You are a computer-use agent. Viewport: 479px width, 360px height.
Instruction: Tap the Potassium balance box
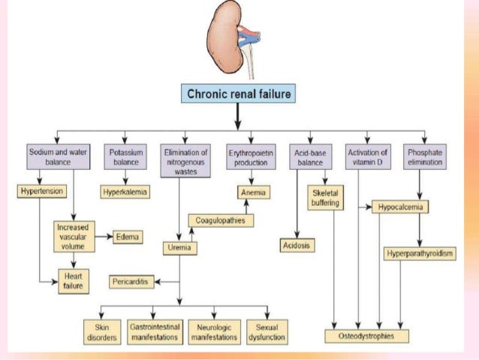125,156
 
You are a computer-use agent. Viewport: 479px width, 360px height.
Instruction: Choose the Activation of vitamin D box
368,156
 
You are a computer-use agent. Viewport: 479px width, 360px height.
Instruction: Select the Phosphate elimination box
426,156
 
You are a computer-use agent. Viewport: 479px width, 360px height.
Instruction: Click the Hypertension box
41,192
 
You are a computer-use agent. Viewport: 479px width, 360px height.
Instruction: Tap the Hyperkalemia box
125,192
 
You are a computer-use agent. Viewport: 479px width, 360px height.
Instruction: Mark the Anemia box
255,192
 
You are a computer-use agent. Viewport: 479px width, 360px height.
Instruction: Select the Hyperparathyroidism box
420,253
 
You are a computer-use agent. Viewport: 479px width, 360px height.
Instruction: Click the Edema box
128,237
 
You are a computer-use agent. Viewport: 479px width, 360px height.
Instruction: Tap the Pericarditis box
132,281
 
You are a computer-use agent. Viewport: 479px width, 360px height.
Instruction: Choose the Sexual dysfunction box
267,332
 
